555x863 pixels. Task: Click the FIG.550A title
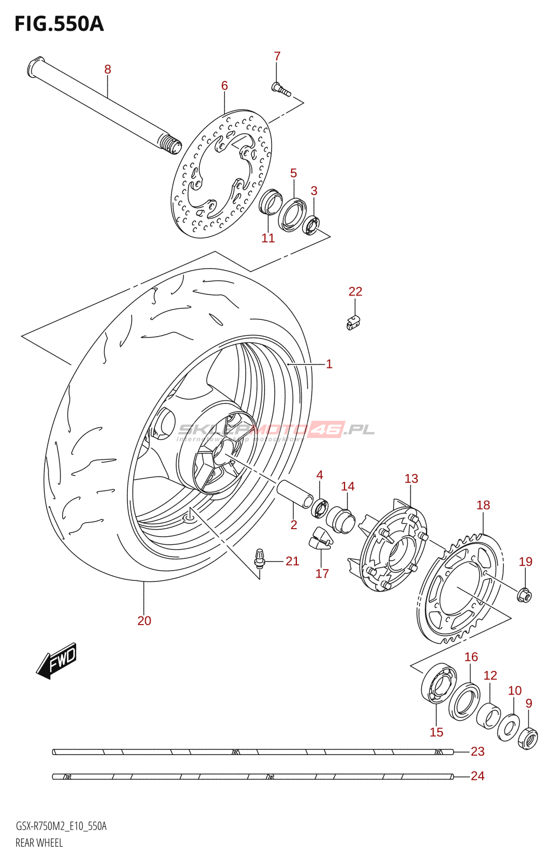tap(59, 24)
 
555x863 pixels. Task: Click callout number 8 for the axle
tap(107, 69)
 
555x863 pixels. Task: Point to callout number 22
tap(355, 291)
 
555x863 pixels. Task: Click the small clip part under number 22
tap(354, 323)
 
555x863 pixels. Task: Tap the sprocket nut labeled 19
tap(524, 595)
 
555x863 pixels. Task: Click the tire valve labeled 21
tap(260, 558)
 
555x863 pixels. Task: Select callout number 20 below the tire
tap(144, 621)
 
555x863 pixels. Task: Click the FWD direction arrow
tap(57, 660)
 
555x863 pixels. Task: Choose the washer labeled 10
tap(508, 727)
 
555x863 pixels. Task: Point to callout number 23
tap(477, 751)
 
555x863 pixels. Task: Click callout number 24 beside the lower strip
tap(477, 776)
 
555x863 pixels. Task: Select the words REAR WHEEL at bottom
tap(39, 843)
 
